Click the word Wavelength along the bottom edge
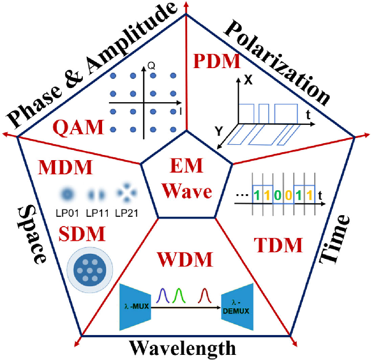coord(182,347)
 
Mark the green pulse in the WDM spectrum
coord(180,296)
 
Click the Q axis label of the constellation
coord(151,65)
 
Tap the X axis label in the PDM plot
coord(248,81)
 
